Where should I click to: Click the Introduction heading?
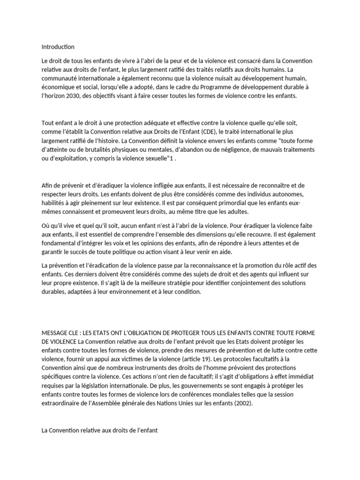(x=58, y=47)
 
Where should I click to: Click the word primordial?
(x=214, y=202)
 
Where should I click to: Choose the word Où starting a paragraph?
(x=46, y=226)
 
